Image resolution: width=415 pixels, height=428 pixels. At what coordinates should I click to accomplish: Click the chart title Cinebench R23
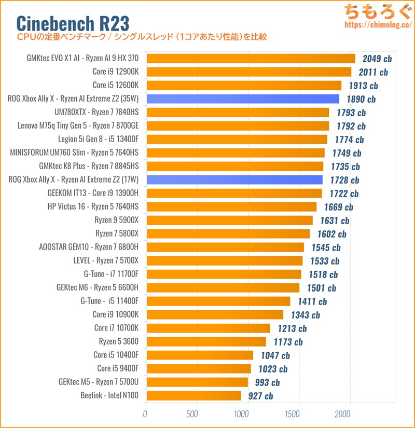[x=73, y=23]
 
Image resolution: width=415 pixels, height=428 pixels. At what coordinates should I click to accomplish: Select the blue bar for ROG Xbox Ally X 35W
[x=243, y=99]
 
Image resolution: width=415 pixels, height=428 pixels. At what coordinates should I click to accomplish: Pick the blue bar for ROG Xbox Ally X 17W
[x=234, y=180]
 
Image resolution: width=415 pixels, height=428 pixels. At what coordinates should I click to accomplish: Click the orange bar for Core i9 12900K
[x=249, y=72]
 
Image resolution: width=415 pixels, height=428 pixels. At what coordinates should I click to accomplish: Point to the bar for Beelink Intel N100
[x=194, y=396]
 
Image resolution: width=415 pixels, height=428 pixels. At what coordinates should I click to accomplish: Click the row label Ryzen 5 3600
[x=120, y=341]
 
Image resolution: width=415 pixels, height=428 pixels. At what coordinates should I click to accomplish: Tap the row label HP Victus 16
[x=96, y=206]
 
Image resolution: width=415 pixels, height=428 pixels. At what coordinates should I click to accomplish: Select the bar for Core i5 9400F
[x=199, y=369]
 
